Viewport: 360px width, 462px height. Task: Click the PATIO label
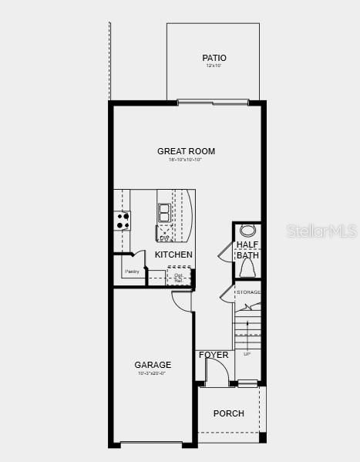[214, 58]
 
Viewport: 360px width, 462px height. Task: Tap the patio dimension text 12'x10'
[214, 66]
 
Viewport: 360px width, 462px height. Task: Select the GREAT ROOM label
[186, 151]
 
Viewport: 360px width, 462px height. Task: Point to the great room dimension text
[186, 160]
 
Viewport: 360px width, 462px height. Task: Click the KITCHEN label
[173, 255]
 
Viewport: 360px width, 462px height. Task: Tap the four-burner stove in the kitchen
[123, 220]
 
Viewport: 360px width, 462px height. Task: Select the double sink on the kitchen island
[165, 212]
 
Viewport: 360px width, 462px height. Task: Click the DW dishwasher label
[163, 238]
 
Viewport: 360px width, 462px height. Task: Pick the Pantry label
[131, 271]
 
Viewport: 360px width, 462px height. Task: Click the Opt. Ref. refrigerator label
[178, 278]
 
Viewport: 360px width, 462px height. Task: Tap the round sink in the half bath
[247, 231]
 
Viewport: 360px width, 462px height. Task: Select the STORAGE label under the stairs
[248, 292]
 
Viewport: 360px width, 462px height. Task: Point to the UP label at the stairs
[247, 354]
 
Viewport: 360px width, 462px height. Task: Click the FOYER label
[214, 355]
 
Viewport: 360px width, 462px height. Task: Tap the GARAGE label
[153, 365]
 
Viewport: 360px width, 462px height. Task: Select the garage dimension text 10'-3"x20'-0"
[152, 373]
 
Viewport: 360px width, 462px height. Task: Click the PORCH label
[228, 413]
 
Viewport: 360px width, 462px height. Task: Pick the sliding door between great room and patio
[213, 102]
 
